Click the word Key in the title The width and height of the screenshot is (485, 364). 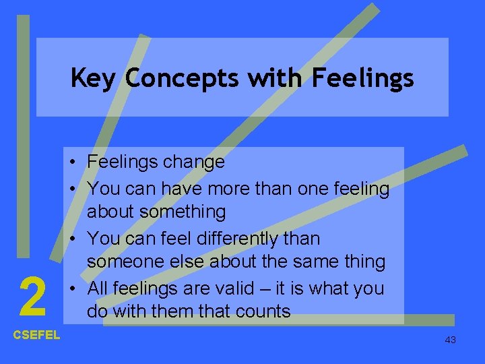tap(95, 79)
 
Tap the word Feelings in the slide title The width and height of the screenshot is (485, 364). tap(362, 79)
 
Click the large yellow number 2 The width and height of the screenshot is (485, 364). tap(32, 298)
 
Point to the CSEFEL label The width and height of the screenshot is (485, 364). tap(36, 335)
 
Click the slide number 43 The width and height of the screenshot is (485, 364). tap(451, 340)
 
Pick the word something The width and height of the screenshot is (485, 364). tap(184, 212)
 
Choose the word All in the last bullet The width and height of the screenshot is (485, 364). tap(98, 288)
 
